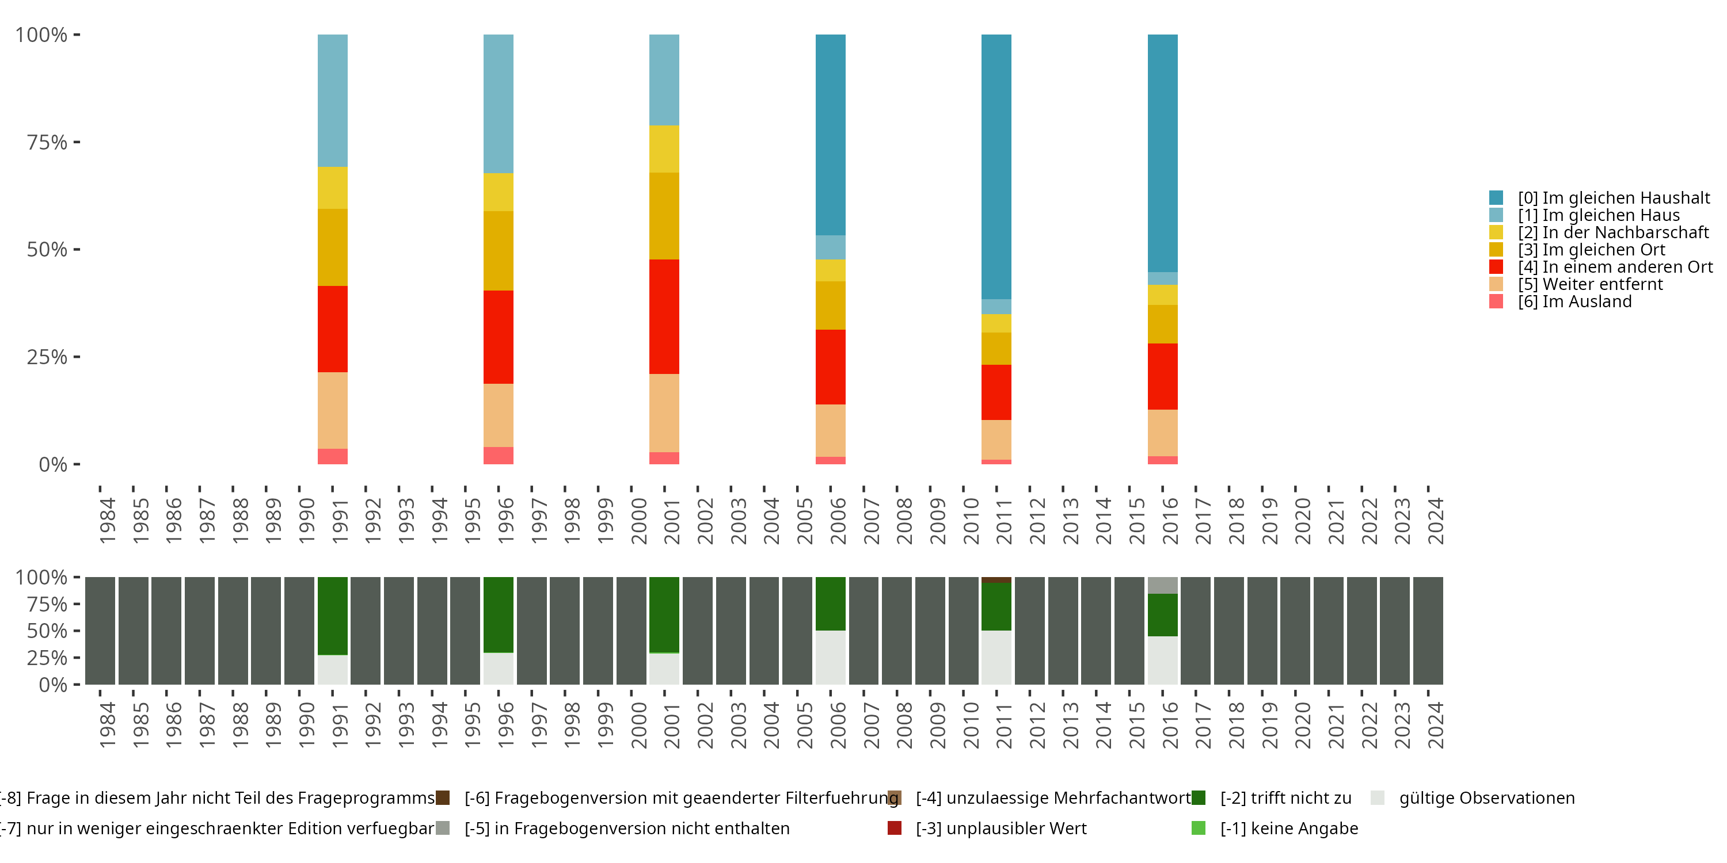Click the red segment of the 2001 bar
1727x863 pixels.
[x=664, y=316]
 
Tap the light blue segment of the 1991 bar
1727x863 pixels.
[x=333, y=101]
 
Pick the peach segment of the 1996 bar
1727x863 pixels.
[x=498, y=415]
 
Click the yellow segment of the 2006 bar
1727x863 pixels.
[x=830, y=270]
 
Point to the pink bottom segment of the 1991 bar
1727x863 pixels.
[x=333, y=456]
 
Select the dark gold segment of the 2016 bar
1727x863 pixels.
[x=1162, y=324]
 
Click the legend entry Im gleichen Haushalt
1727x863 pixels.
[x=1612, y=198]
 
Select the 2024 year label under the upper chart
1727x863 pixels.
[x=1435, y=521]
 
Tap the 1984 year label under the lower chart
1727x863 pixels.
[x=107, y=725]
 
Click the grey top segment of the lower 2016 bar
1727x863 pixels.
[x=1162, y=585]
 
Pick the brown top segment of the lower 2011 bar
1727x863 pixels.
[x=996, y=579]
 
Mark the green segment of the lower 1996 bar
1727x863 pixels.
[x=498, y=614]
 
